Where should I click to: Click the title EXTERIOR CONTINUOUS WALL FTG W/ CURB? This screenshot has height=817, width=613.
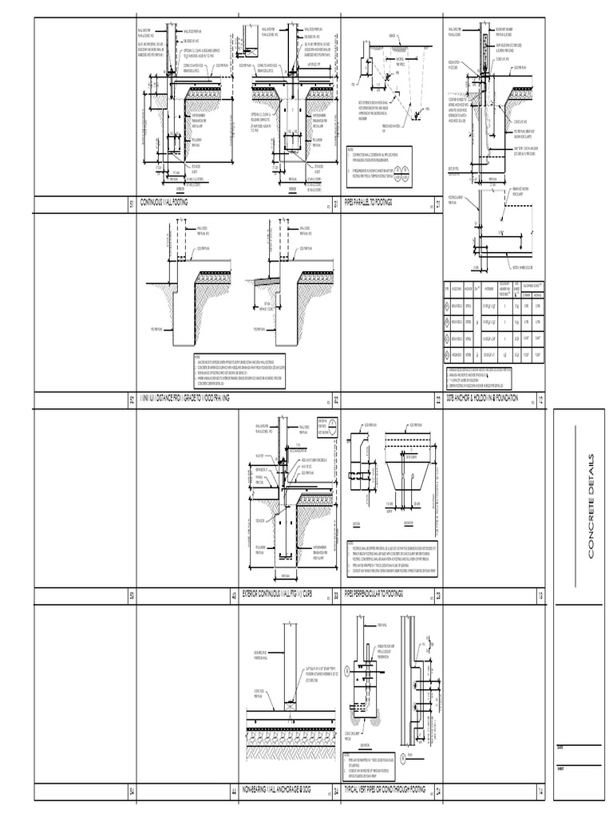[276, 594]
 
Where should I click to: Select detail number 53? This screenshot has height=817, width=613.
[132, 596]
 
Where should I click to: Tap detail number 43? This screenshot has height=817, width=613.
[234, 596]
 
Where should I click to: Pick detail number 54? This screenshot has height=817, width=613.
[132, 792]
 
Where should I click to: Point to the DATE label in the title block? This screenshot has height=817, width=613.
[560, 748]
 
